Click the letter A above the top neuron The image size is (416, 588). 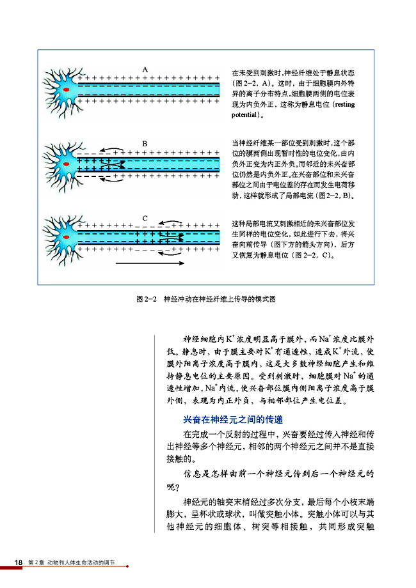(145, 68)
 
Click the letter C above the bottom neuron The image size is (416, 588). (145, 219)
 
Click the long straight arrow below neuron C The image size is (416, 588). (150, 263)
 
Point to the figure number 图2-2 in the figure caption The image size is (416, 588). (147, 298)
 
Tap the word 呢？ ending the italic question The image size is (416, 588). (173, 487)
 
